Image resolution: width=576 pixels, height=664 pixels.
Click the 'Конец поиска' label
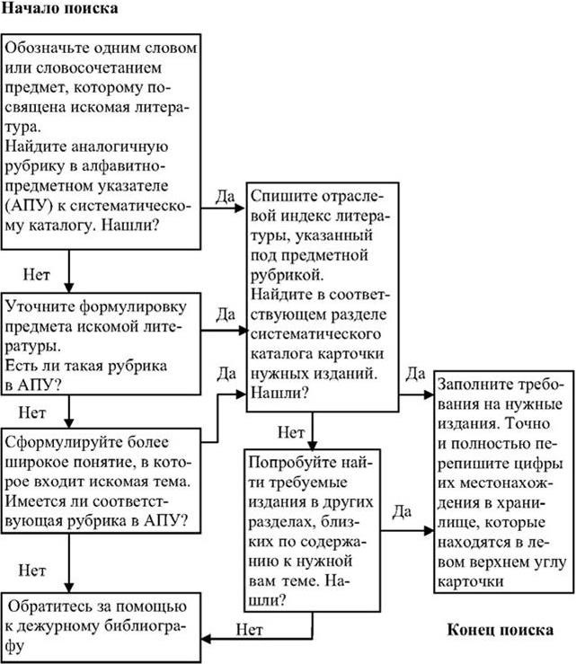pos(500,628)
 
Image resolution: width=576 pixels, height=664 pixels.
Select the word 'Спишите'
pos(282,195)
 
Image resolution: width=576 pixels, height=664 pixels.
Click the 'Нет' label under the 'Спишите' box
pos(290,432)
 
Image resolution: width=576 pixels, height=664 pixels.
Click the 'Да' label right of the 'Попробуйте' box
pos(402,511)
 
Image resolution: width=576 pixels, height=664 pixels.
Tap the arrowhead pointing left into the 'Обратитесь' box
pos(206,639)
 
